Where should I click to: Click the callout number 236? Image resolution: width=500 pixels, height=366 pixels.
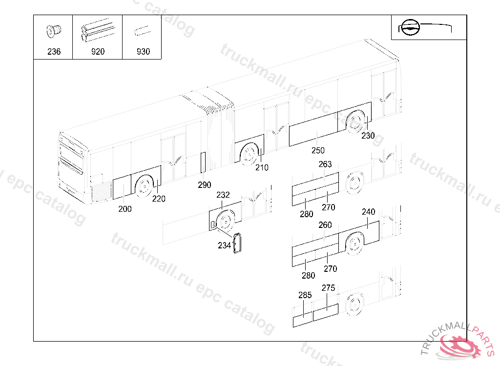click(54, 52)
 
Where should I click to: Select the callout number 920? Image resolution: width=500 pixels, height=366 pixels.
click(98, 52)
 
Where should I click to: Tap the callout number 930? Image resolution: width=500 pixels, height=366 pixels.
click(143, 52)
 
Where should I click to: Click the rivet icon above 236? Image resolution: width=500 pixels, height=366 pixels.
click(54, 31)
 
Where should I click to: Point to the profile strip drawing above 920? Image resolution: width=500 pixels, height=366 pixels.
click(98, 30)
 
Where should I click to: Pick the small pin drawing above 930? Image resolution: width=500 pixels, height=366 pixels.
click(143, 31)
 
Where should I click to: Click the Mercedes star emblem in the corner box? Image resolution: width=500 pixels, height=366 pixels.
click(410, 27)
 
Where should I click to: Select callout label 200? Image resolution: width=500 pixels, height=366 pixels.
click(125, 209)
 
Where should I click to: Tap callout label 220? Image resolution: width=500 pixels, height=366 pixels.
click(159, 199)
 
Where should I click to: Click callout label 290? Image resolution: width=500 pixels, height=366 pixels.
click(205, 185)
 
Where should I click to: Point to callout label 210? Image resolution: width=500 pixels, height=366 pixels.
click(262, 168)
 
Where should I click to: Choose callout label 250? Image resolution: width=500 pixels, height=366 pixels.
click(318, 150)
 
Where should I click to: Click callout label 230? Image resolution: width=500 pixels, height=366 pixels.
click(368, 136)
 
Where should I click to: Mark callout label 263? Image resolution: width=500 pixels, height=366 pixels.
click(325, 164)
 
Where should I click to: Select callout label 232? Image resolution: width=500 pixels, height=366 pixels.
click(223, 195)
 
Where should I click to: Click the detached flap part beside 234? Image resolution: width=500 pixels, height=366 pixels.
click(238, 243)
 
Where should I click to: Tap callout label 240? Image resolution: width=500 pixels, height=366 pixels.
click(369, 212)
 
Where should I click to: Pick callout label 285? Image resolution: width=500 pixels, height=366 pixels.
click(305, 295)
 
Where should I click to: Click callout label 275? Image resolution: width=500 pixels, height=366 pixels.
click(329, 288)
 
